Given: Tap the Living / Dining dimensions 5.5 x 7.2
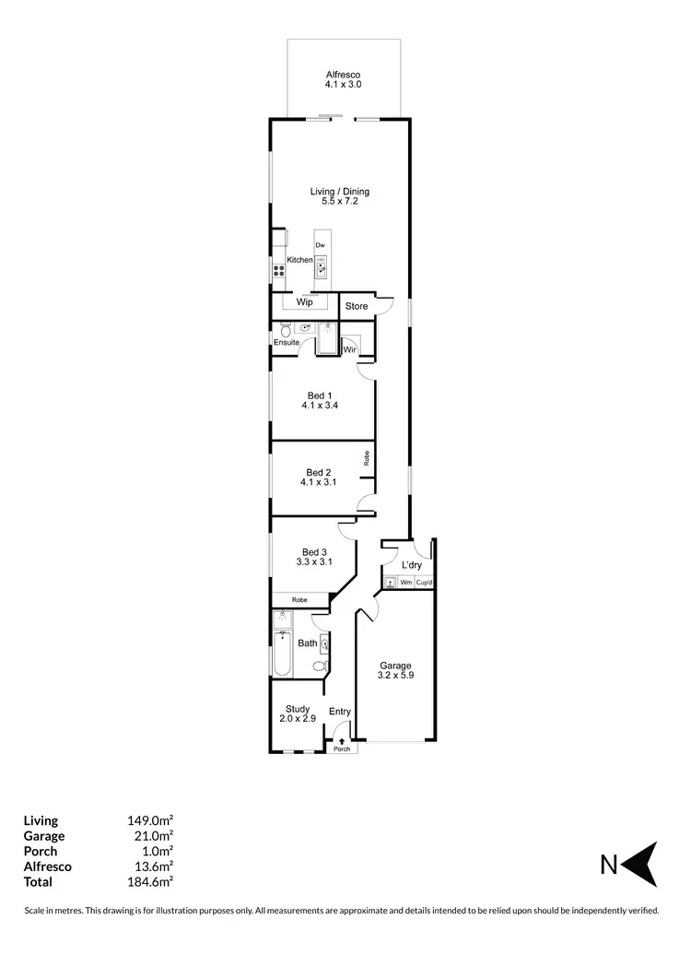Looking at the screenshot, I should [339, 201].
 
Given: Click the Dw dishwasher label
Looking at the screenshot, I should [320, 245].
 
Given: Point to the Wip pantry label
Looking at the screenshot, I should [304, 302].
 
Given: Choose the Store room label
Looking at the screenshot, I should [357, 306].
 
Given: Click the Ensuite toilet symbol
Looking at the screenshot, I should [286, 330].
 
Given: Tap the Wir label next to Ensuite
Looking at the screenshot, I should [350, 349].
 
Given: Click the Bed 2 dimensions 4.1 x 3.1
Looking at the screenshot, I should [320, 481].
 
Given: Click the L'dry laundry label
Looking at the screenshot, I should [411, 564].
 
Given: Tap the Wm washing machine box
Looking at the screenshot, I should [405, 583].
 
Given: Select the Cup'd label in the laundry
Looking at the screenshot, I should [424, 583].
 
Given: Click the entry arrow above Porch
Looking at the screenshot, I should [342, 739].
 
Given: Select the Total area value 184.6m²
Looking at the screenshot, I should [150, 880].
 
